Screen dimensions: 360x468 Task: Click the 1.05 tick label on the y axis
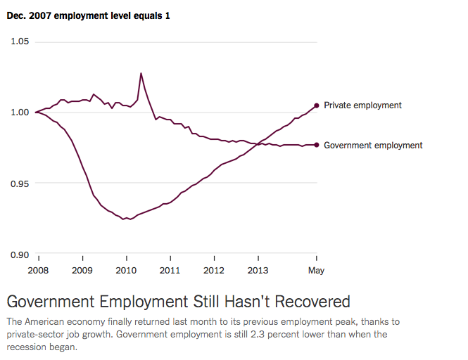click(x=20, y=41)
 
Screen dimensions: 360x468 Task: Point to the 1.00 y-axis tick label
click(x=20, y=112)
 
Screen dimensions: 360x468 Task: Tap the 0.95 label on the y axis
click(x=20, y=184)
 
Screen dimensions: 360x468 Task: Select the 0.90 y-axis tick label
click(x=20, y=255)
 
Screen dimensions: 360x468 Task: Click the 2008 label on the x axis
click(x=39, y=270)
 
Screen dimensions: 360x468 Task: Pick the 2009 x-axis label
click(x=82, y=270)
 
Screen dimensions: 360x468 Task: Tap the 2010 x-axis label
click(x=127, y=270)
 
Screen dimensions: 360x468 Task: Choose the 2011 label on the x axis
click(x=170, y=270)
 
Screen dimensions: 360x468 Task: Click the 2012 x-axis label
click(x=214, y=270)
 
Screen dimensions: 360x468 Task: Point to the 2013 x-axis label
click(x=258, y=270)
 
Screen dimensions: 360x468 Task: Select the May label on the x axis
click(x=316, y=270)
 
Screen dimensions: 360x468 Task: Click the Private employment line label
click(x=362, y=105)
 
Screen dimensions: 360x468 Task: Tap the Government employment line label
click(x=373, y=146)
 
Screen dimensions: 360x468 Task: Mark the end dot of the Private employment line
click(x=317, y=105)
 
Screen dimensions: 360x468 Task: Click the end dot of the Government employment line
click(x=317, y=145)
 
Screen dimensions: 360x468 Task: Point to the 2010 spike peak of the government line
click(x=141, y=73)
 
